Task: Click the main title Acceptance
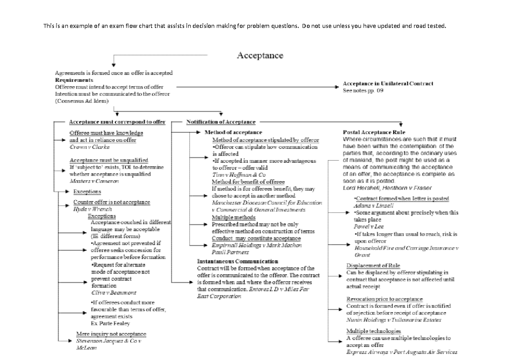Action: pyautogui.click(x=260, y=56)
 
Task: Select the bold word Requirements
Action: pyautogui.click(x=75, y=80)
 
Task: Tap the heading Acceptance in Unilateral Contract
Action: pyautogui.click(x=388, y=84)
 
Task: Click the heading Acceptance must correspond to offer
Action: pyautogui.click(x=117, y=122)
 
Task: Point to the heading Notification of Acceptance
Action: pyautogui.click(x=221, y=122)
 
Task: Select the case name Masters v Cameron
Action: pyautogui.click(x=94, y=181)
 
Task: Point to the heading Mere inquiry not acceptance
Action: pyautogui.click(x=111, y=334)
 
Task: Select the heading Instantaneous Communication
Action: pyautogui.click(x=238, y=261)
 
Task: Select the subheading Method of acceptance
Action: pyautogui.click(x=233, y=132)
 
